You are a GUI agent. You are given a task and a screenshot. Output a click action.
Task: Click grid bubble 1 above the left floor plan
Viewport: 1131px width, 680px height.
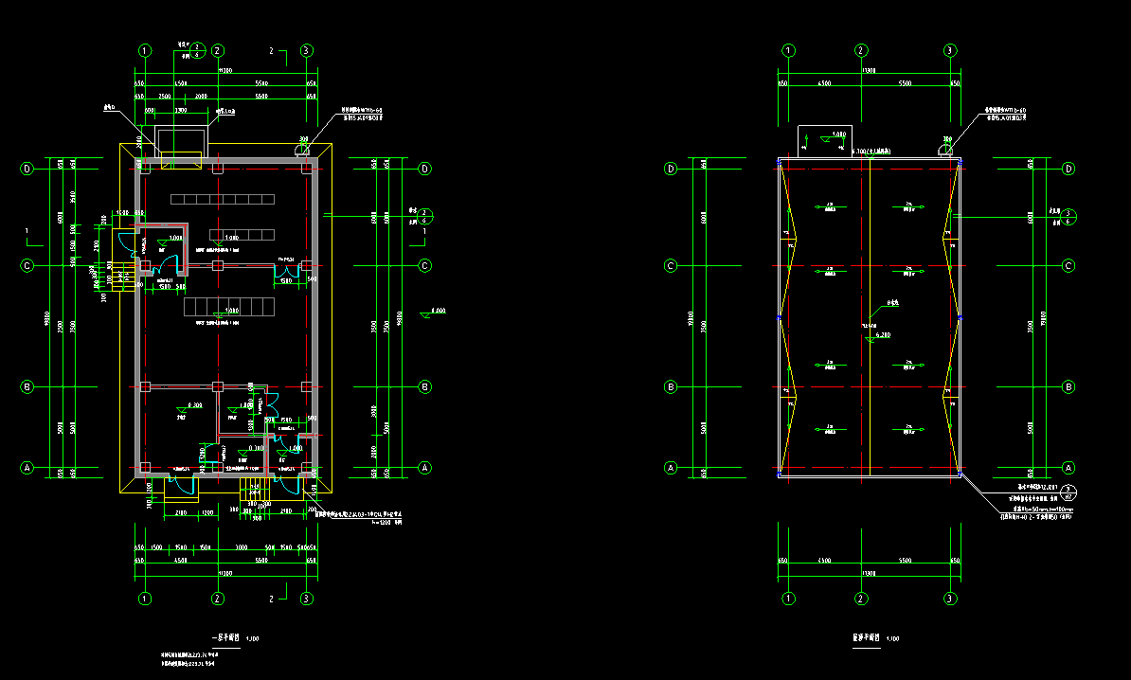[x=145, y=51]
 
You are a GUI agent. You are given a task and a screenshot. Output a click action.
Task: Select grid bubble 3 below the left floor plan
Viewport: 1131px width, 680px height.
[x=307, y=599]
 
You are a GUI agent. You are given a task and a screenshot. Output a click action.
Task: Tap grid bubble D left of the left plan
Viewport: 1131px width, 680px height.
[x=27, y=169]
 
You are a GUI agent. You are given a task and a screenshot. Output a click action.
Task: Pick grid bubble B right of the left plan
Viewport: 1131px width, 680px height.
[x=425, y=386]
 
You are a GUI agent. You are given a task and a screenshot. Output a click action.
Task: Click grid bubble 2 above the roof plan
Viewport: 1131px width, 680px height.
[x=861, y=51]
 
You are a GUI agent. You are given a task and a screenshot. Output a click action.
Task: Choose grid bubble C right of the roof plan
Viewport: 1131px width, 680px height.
[x=1069, y=266]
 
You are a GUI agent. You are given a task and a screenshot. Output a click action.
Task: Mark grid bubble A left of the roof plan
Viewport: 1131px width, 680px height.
[x=672, y=468]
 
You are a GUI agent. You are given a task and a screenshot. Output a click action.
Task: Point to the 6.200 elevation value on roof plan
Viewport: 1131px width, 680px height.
[x=883, y=335]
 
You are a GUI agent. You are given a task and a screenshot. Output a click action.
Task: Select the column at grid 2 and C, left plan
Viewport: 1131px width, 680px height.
[x=217, y=266]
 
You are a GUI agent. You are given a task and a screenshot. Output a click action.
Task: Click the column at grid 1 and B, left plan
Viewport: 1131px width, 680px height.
[x=145, y=386]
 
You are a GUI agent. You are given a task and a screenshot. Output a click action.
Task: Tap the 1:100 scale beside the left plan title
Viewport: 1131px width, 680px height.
[x=252, y=639]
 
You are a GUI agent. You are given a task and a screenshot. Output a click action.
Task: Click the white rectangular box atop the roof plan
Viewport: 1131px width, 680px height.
[x=824, y=137]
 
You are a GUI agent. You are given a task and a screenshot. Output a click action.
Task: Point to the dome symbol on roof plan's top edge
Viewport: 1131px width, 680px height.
[x=945, y=147]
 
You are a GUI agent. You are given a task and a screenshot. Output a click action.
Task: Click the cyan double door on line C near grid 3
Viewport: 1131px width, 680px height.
[x=286, y=276]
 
